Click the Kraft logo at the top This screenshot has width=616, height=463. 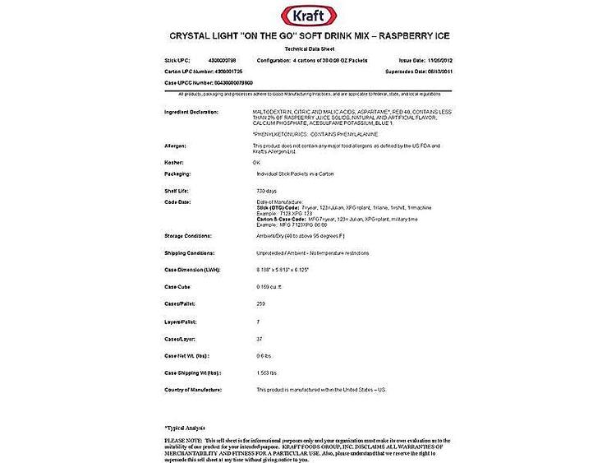tap(308, 15)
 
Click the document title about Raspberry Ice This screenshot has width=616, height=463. tap(309, 36)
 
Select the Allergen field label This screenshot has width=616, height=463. tap(176, 145)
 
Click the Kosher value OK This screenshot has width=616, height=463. tap(256, 162)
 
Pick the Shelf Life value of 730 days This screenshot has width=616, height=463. tap(267, 191)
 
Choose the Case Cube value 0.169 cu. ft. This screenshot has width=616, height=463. tap(269, 287)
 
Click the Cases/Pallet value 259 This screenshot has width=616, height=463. tap(261, 304)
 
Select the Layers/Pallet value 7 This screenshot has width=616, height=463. tap(258, 322)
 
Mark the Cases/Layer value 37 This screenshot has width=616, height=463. tap(260, 339)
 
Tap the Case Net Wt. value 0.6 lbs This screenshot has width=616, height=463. tap(264, 355)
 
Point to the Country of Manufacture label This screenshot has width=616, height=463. tap(194, 390)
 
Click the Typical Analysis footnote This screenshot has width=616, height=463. tap(185, 428)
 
